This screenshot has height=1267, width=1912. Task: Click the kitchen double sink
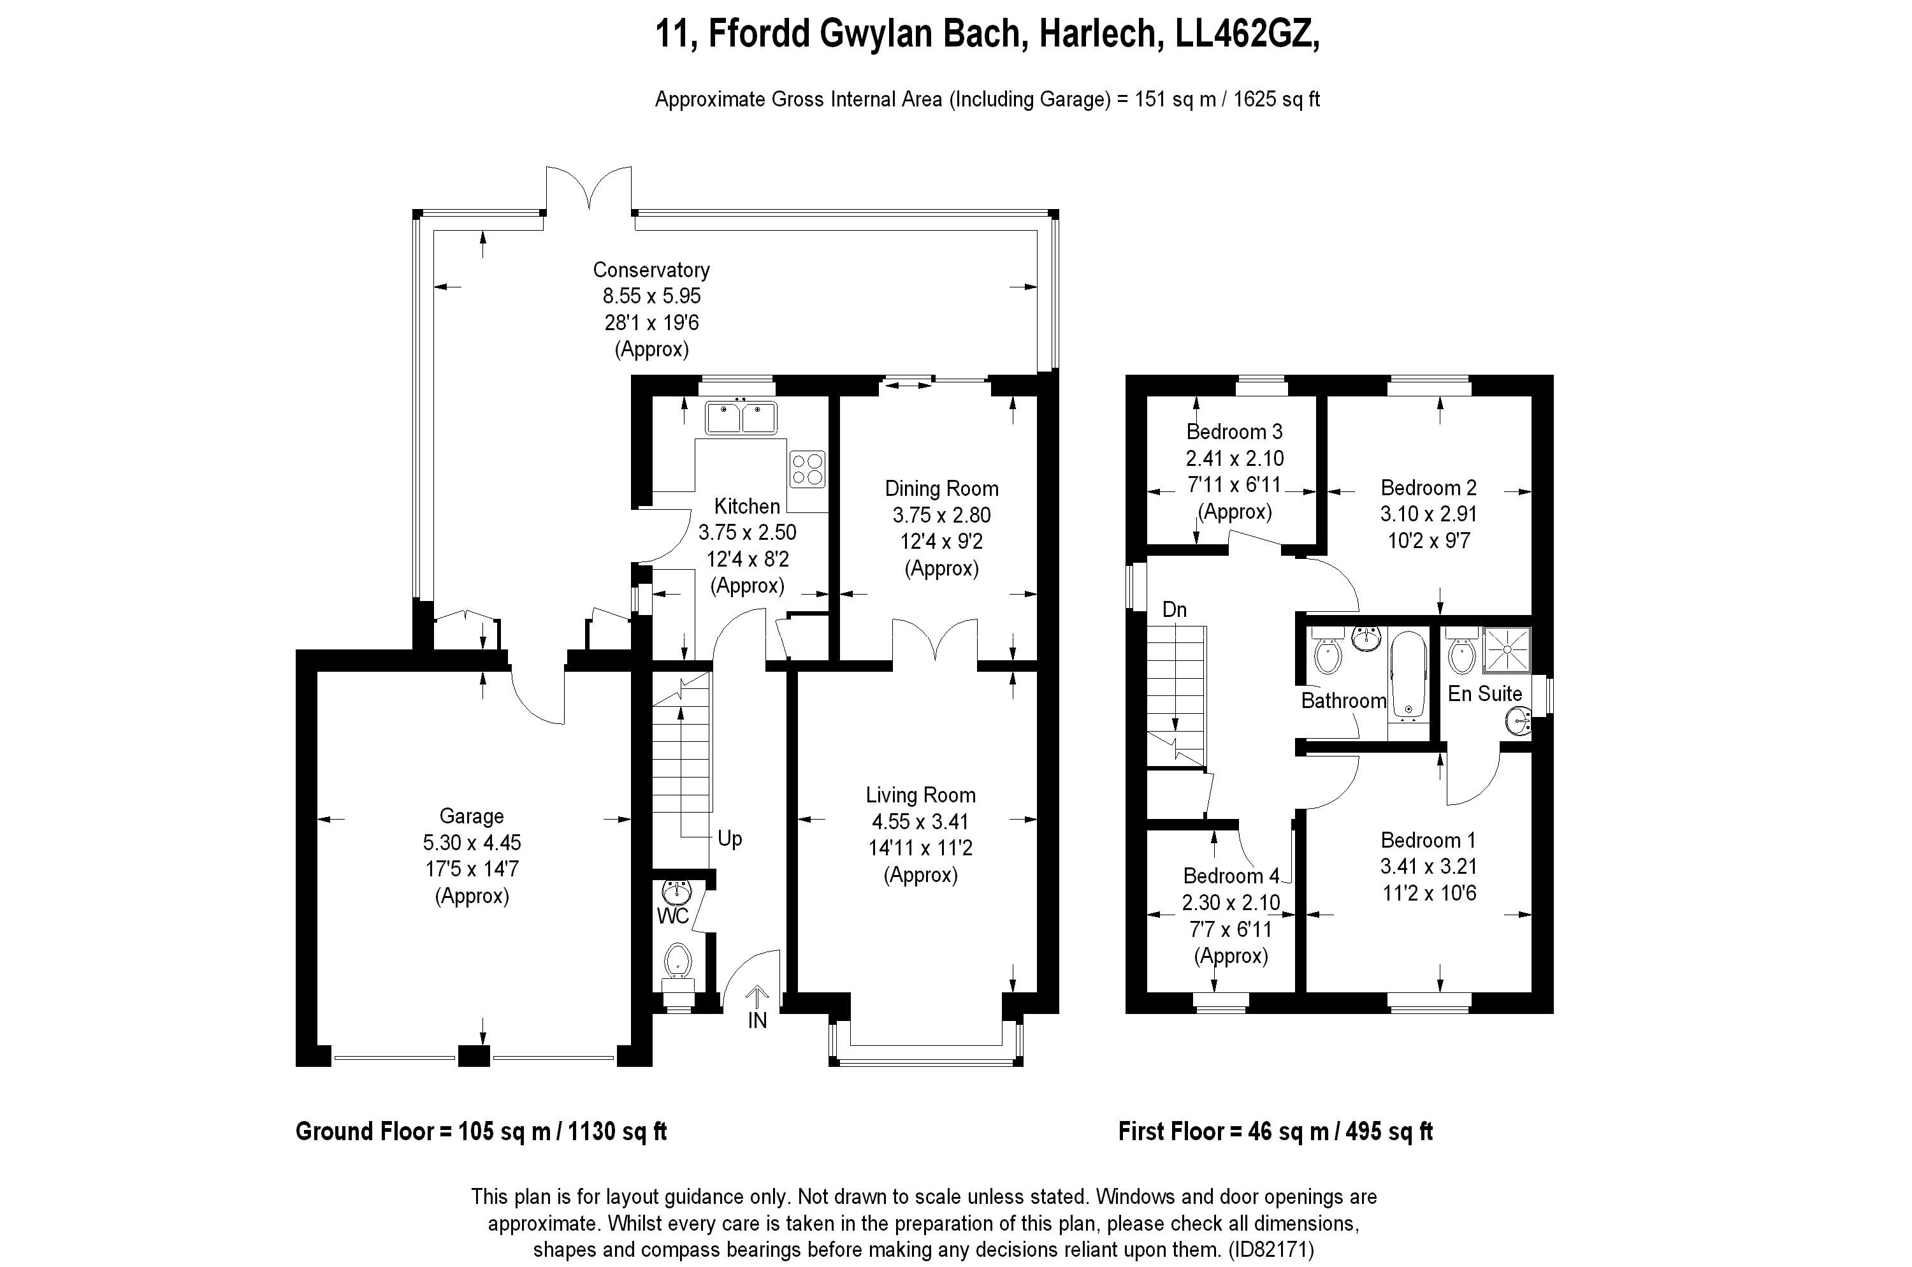pyautogui.click(x=741, y=417)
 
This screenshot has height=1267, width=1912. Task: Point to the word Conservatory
pyautogui.click(x=651, y=270)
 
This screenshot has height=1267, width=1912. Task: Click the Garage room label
pyautogui.click(x=471, y=816)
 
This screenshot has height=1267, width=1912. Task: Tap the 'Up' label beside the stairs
pyautogui.click(x=730, y=839)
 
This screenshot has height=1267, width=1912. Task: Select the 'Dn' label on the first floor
pyautogui.click(x=1174, y=609)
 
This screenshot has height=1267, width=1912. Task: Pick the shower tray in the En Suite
pyautogui.click(x=1506, y=649)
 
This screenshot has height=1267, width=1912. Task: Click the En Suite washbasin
pyautogui.click(x=1519, y=721)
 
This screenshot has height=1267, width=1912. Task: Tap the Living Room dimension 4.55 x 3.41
pyautogui.click(x=920, y=822)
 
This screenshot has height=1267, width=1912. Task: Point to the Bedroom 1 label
pyautogui.click(x=1429, y=841)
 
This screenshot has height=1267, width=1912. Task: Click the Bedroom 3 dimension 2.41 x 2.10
pyautogui.click(x=1235, y=458)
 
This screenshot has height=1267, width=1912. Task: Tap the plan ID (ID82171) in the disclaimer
pyautogui.click(x=1271, y=1249)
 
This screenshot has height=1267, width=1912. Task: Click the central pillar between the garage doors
pyautogui.click(x=474, y=1055)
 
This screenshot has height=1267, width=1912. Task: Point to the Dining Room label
pyautogui.click(x=941, y=489)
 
